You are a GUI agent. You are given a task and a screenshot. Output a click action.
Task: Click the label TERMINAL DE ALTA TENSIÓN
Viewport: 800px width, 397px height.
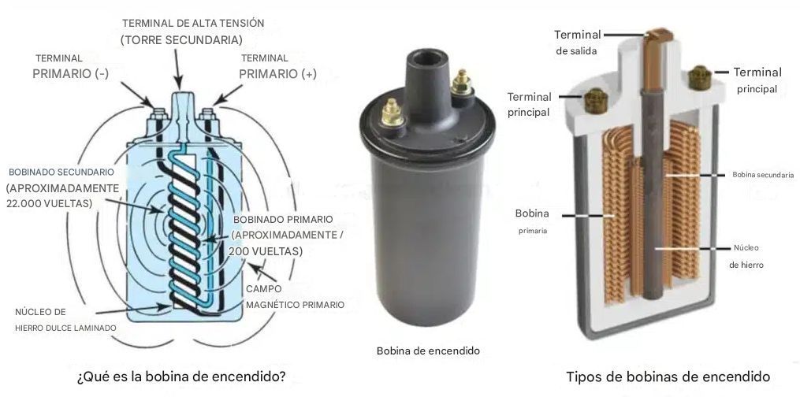tap(193, 24)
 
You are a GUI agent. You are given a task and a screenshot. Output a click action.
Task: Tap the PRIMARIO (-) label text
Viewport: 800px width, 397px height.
tap(70, 74)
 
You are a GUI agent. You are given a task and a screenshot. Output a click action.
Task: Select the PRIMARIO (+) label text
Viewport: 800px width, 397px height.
tap(277, 74)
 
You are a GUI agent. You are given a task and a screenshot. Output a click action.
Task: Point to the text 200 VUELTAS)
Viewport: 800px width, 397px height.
tap(266, 251)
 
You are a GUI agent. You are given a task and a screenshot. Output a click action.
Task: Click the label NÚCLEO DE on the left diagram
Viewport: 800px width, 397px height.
tap(40, 312)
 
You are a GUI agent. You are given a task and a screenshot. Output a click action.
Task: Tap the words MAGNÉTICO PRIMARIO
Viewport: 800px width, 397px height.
tap(295, 305)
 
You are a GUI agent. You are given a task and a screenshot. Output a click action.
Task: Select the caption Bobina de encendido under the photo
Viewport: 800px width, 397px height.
tap(428, 351)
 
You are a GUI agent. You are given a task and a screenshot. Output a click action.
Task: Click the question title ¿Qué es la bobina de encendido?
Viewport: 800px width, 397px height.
tap(181, 377)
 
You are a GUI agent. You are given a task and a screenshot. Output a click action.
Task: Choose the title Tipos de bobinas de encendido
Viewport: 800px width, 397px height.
tap(668, 377)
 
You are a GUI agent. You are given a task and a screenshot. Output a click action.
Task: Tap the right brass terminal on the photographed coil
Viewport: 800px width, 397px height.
tap(461, 83)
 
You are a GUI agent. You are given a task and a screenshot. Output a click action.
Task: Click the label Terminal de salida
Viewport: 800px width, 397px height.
tap(578, 43)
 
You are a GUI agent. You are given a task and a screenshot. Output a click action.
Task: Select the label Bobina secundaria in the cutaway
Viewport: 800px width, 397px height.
tap(763, 175)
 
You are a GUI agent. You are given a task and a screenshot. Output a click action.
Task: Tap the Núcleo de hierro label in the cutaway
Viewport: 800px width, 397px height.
tap(746, 256)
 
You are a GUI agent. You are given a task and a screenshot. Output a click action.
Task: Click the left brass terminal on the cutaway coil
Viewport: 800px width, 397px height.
tap(595, 101)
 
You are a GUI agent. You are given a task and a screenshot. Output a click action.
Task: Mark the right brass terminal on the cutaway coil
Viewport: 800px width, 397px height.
tap(699, 77)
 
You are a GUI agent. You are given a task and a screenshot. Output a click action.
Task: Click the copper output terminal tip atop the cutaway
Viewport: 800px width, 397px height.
tap(660, 36)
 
